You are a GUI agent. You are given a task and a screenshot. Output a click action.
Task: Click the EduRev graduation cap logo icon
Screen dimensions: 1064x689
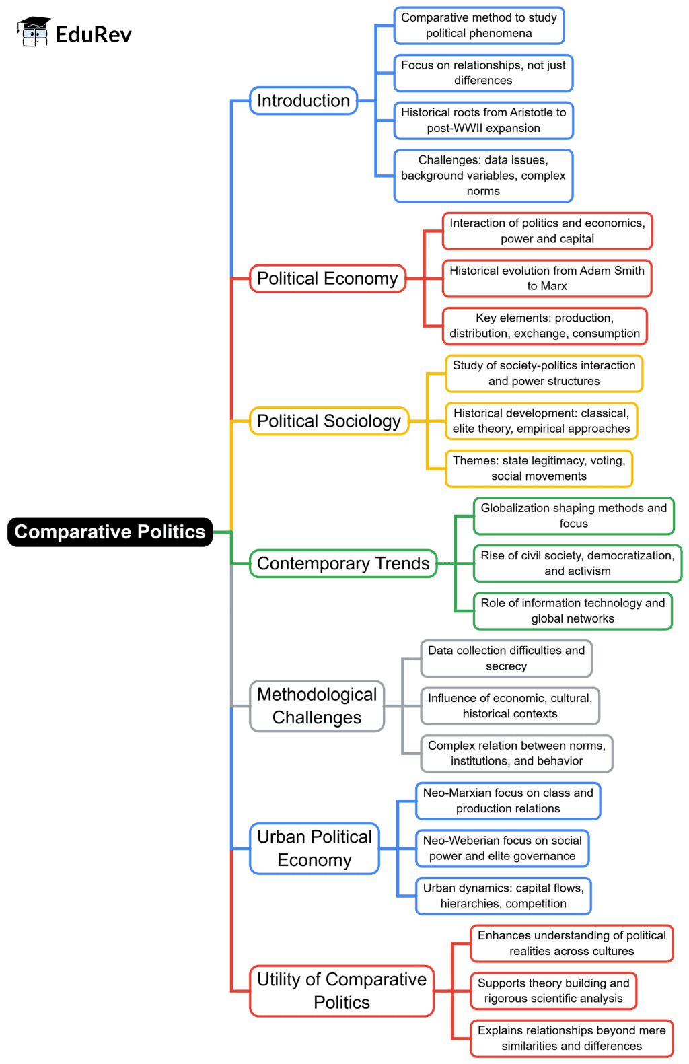pyautogui.click(x=34, y=32)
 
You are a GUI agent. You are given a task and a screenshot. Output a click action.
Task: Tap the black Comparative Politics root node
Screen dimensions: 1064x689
pyautogui.click(x=110, y=532)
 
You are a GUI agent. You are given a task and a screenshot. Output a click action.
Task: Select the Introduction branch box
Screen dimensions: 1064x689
pyautogui.click(x=303, y=101)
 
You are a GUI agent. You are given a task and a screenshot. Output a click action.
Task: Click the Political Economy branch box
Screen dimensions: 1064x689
pyautogui.click(x=328, y=279)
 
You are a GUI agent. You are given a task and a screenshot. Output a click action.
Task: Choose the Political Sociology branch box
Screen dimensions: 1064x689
pyautogui.click(x=329, y=421)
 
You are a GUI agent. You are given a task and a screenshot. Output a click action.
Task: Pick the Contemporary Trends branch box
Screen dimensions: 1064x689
pyautogui.click(x=343, y=563)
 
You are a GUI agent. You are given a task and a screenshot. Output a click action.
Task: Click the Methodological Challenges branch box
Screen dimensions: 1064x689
pyautogui.click(x=317, y=706)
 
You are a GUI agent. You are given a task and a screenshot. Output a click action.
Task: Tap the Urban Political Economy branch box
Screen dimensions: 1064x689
pyautogui.click(x=314, y=849)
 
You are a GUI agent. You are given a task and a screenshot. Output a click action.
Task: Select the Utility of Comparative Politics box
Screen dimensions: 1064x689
pyautogui.click(x=342, y=991)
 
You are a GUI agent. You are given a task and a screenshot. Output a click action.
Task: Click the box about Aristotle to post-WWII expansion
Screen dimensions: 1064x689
pyautogui.click(x=483, y=120)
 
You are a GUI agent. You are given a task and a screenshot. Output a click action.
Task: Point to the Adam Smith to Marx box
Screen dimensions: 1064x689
pyautogui.click(x=547, y=279)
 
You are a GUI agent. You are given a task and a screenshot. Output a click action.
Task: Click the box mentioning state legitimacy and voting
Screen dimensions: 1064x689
pyautogui.click(x=539, y=468)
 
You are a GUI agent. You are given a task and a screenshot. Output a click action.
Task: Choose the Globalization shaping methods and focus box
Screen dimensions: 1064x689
pyautogui.click(x=573, y=516)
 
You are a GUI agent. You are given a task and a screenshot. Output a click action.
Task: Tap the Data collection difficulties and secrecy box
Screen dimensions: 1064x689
pyautogui.click(x=506, y=658)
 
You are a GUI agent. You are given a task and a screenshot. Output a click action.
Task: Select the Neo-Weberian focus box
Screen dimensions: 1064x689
pyautogui.click(x=502, y=849)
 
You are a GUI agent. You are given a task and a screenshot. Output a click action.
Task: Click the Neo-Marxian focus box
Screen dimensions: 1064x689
pyautogui.click(x=508, y=801)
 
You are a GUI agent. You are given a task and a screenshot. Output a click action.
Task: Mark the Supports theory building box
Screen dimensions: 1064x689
pyautogui.click(x=553, y=991)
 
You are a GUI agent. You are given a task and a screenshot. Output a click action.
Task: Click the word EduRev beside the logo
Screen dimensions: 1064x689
pyautogui.click(x=94, y=34)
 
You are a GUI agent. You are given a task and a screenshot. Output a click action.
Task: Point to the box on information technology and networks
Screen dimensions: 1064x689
pyautogui.click(x=573, y=611)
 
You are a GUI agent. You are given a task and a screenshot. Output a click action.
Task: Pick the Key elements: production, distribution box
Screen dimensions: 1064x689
pyautogui.click(x=544, y=326)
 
